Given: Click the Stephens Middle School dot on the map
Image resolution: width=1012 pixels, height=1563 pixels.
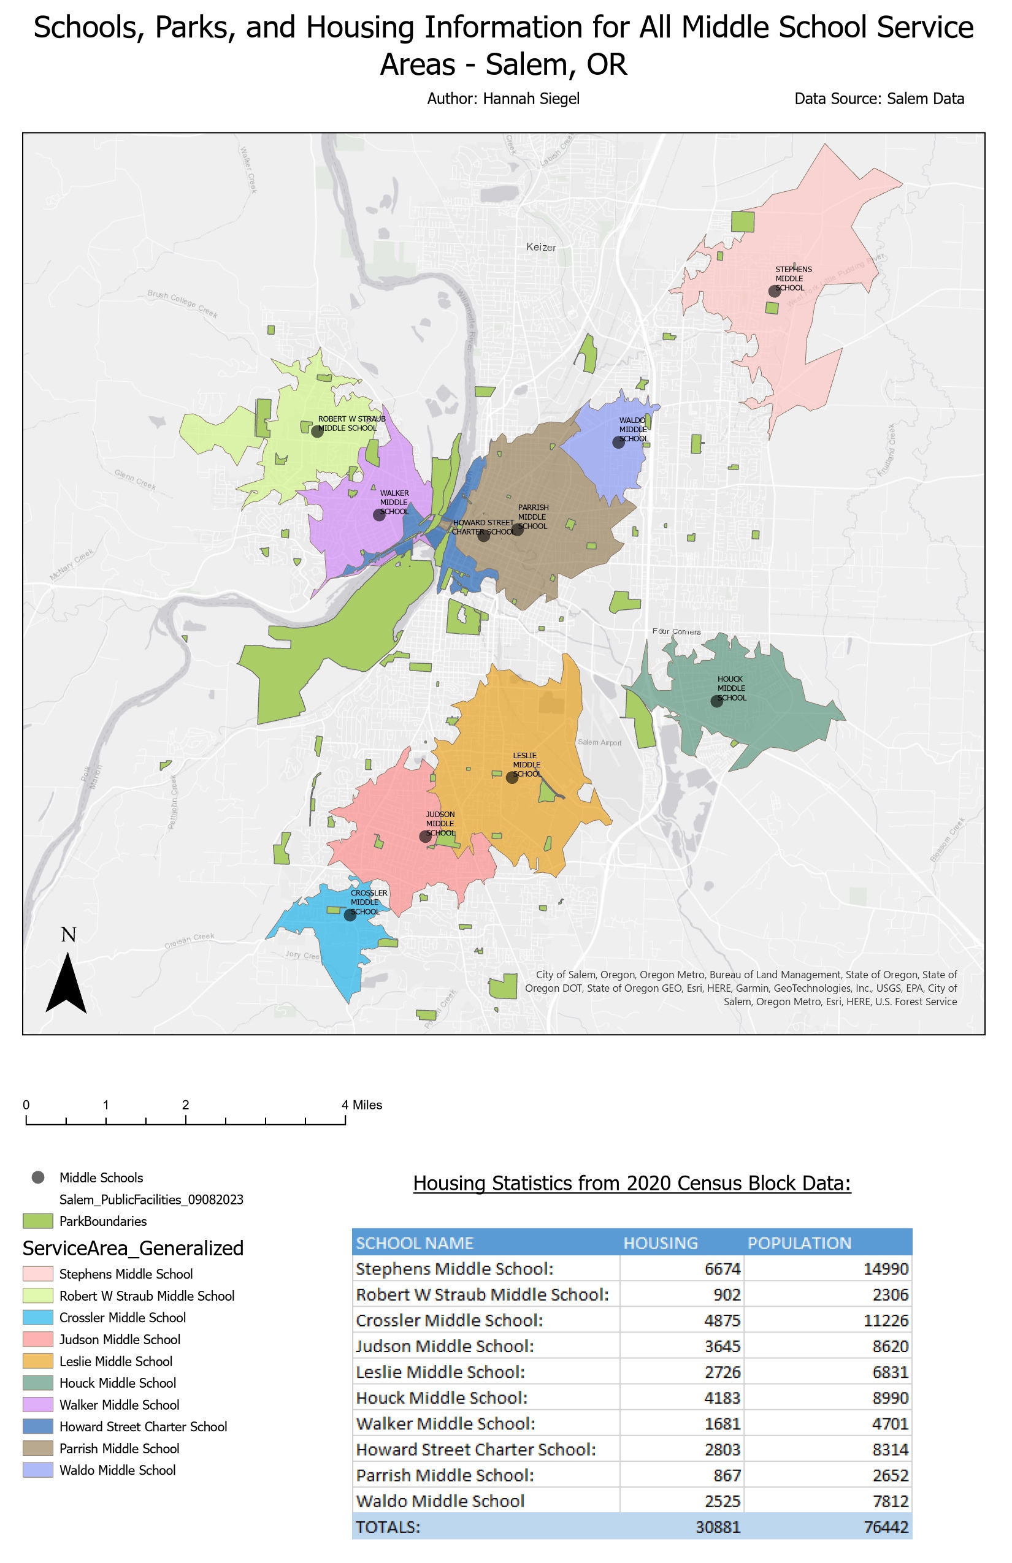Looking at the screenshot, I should pos(774,291).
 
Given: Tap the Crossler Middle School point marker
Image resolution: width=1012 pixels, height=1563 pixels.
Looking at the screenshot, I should pos(350,915).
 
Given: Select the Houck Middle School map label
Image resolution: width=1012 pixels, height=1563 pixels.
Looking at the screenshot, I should pos(730,688).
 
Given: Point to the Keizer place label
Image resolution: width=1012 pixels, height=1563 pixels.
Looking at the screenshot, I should pos(541,248).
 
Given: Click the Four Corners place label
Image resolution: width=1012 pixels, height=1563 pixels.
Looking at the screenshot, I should pos(676,631).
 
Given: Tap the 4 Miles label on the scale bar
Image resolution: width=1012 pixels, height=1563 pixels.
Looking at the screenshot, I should pos(362,1105).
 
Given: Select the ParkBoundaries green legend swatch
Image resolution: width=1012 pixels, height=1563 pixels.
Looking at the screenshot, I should pos(37,1221).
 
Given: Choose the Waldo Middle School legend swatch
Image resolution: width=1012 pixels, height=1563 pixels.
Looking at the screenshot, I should pos(37,1470).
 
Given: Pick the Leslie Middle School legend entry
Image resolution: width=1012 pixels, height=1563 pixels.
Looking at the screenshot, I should pos(116,1361).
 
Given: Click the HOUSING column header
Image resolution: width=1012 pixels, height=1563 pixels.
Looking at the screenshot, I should pos(660,1242).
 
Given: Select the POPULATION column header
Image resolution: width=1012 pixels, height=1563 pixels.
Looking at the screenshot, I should pos(799,1242).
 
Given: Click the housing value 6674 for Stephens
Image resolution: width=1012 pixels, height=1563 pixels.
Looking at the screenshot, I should pos(723,1269).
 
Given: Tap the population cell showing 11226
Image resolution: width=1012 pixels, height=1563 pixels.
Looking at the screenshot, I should pos(885,1320).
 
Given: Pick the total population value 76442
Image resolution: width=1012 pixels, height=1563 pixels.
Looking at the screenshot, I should pos(885,1526).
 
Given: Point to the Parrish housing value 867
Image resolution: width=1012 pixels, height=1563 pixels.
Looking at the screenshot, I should pos(727,1475).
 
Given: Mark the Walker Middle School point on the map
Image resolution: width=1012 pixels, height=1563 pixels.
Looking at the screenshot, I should pos(379,515).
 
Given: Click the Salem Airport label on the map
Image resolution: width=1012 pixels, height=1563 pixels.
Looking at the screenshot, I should pos(599,742).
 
